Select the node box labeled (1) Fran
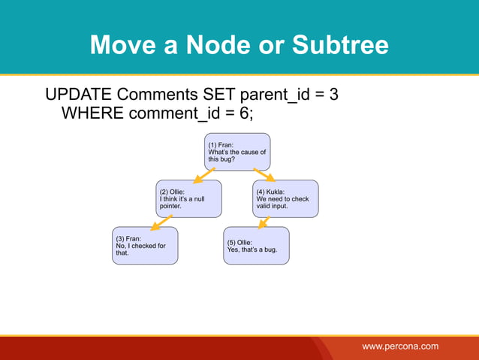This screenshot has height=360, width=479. tap(237, 152)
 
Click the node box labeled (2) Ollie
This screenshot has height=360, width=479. tap(188, 198)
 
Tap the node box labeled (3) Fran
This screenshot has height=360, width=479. tap(146, 245)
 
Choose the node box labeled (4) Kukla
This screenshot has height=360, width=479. tap(285, 198)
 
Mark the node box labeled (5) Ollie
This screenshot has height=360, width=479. tap(256, 245)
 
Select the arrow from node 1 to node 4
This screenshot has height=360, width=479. tap(264, 175)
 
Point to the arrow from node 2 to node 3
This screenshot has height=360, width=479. tap(161, 222)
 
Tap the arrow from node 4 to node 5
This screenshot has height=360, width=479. tap(264, 222)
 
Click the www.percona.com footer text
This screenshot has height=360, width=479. tap(400, 346)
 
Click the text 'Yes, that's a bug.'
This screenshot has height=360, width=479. tap(252, 250)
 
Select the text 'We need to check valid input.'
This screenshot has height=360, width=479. tap(282, 202)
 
